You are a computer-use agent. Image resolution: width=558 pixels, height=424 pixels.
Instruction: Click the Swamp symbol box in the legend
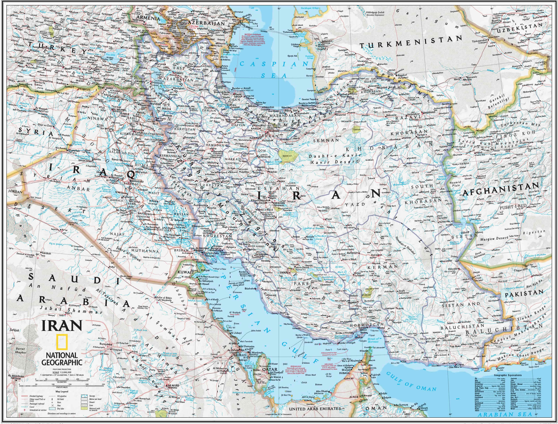(x=84, y=403)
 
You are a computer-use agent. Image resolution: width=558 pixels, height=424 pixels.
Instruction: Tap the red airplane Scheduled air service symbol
(x=24, y=417)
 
